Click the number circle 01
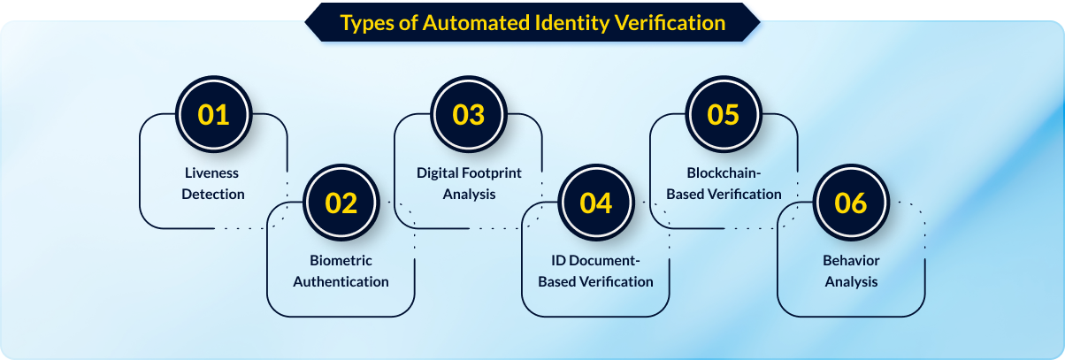click(x=213, y=115)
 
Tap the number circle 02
click(x=341, y=203)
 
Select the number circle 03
click(x=468, y=115)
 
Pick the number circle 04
click(x=595, y=203)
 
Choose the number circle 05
click(x=724, y=115)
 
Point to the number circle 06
click(x=851, y=203)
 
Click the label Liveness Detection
click(x=213, y=183)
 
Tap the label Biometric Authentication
click(x=341, y=272)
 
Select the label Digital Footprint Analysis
click(x=469, y=183)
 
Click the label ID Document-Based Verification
click(x=595, y=272)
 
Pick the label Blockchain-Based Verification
click(x=724, y=183)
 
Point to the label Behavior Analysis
click(x=851, y=272)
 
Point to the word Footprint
click(x=491, y=172)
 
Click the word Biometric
click(x=341, y=261)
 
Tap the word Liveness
click(x=212, y=172)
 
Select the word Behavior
click(x=851, y=261)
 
